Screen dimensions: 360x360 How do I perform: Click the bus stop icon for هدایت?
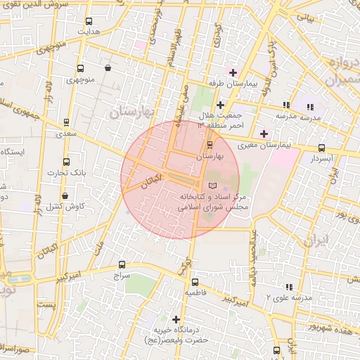click(88, 22)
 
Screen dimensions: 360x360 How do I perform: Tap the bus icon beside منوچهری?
click(79, 69)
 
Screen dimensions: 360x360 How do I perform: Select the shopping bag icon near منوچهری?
click(108, 68)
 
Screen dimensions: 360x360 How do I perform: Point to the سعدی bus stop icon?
click(66, 121)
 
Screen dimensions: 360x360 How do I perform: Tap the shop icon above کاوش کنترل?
click(65, 195)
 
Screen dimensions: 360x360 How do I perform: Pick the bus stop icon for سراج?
click(122, 265)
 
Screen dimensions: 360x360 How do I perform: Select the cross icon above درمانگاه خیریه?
click(176, 319)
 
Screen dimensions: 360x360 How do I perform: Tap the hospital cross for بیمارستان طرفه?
click(233, 72)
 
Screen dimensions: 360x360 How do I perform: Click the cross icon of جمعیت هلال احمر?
click(220, 105)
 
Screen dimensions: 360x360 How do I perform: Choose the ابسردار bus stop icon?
click(321, 148)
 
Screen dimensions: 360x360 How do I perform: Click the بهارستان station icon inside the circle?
click(209, 146)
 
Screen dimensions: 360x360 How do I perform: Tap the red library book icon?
click(212, 184)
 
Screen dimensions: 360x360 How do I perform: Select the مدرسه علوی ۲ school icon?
click(288, 287)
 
